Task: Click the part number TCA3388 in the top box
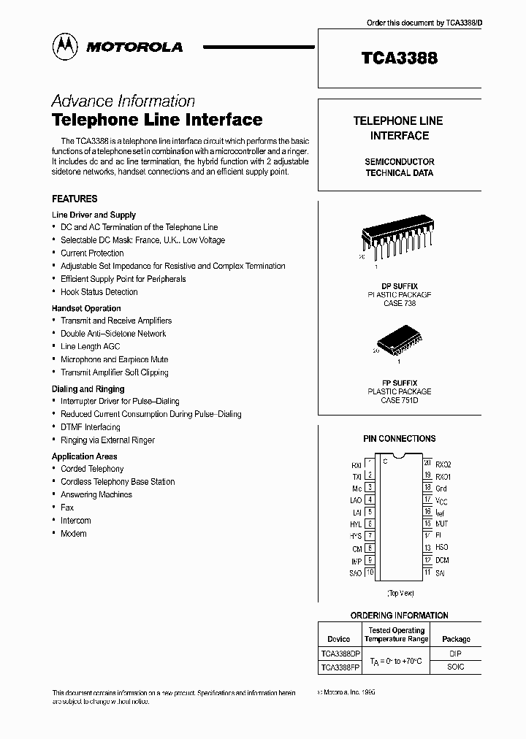point(400,58)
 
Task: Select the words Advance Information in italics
point(123,101)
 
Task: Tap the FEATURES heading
point(75,199)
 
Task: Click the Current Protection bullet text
point(92,253)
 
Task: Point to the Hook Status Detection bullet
point(99,291)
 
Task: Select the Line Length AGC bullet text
point(90,346)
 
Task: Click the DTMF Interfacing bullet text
point(90,427)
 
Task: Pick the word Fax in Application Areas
point(67,508)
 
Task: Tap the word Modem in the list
point(73,534)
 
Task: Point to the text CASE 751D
point(400,400)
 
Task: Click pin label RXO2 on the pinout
point(443,464)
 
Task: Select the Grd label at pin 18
point(441,488)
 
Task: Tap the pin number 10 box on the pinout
point(370,573)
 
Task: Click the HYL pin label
point(356,524)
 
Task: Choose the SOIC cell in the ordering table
point(456,667)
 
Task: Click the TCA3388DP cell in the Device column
point(340,654)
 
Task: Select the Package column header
point(456,639)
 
